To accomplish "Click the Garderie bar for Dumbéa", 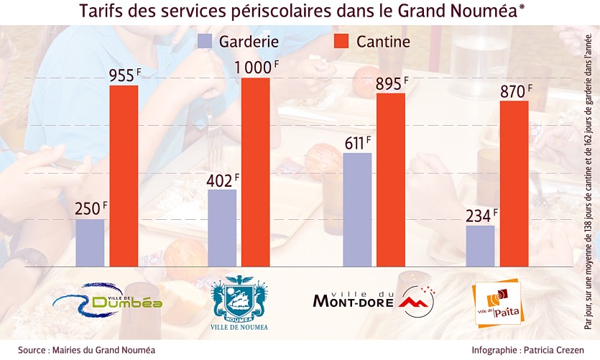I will click(90, 243).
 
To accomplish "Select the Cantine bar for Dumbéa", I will click(124, 176).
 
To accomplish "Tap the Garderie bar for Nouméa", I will click(222, 228).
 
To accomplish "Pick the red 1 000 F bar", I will click(255, 172).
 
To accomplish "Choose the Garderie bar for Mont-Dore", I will click(357, 210).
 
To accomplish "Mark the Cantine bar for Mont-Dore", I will click(391, 180).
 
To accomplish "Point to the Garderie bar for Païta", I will click(480, 246).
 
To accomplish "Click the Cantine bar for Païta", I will click(514, 183).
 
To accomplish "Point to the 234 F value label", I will click(479, 216).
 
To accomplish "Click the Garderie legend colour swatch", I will click(206, 42).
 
